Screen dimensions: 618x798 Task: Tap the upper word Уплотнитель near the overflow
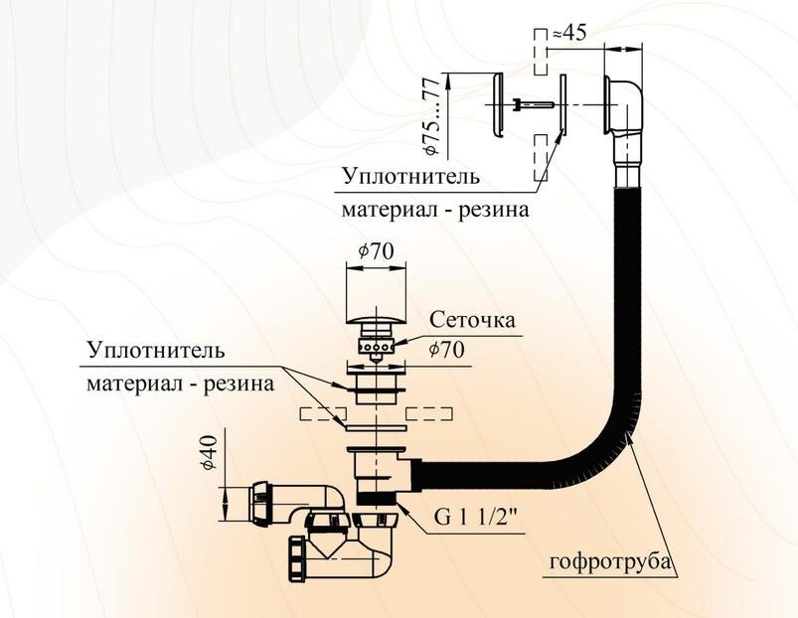tap(409, 177)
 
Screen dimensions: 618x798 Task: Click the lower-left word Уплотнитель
tap(155, 351)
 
